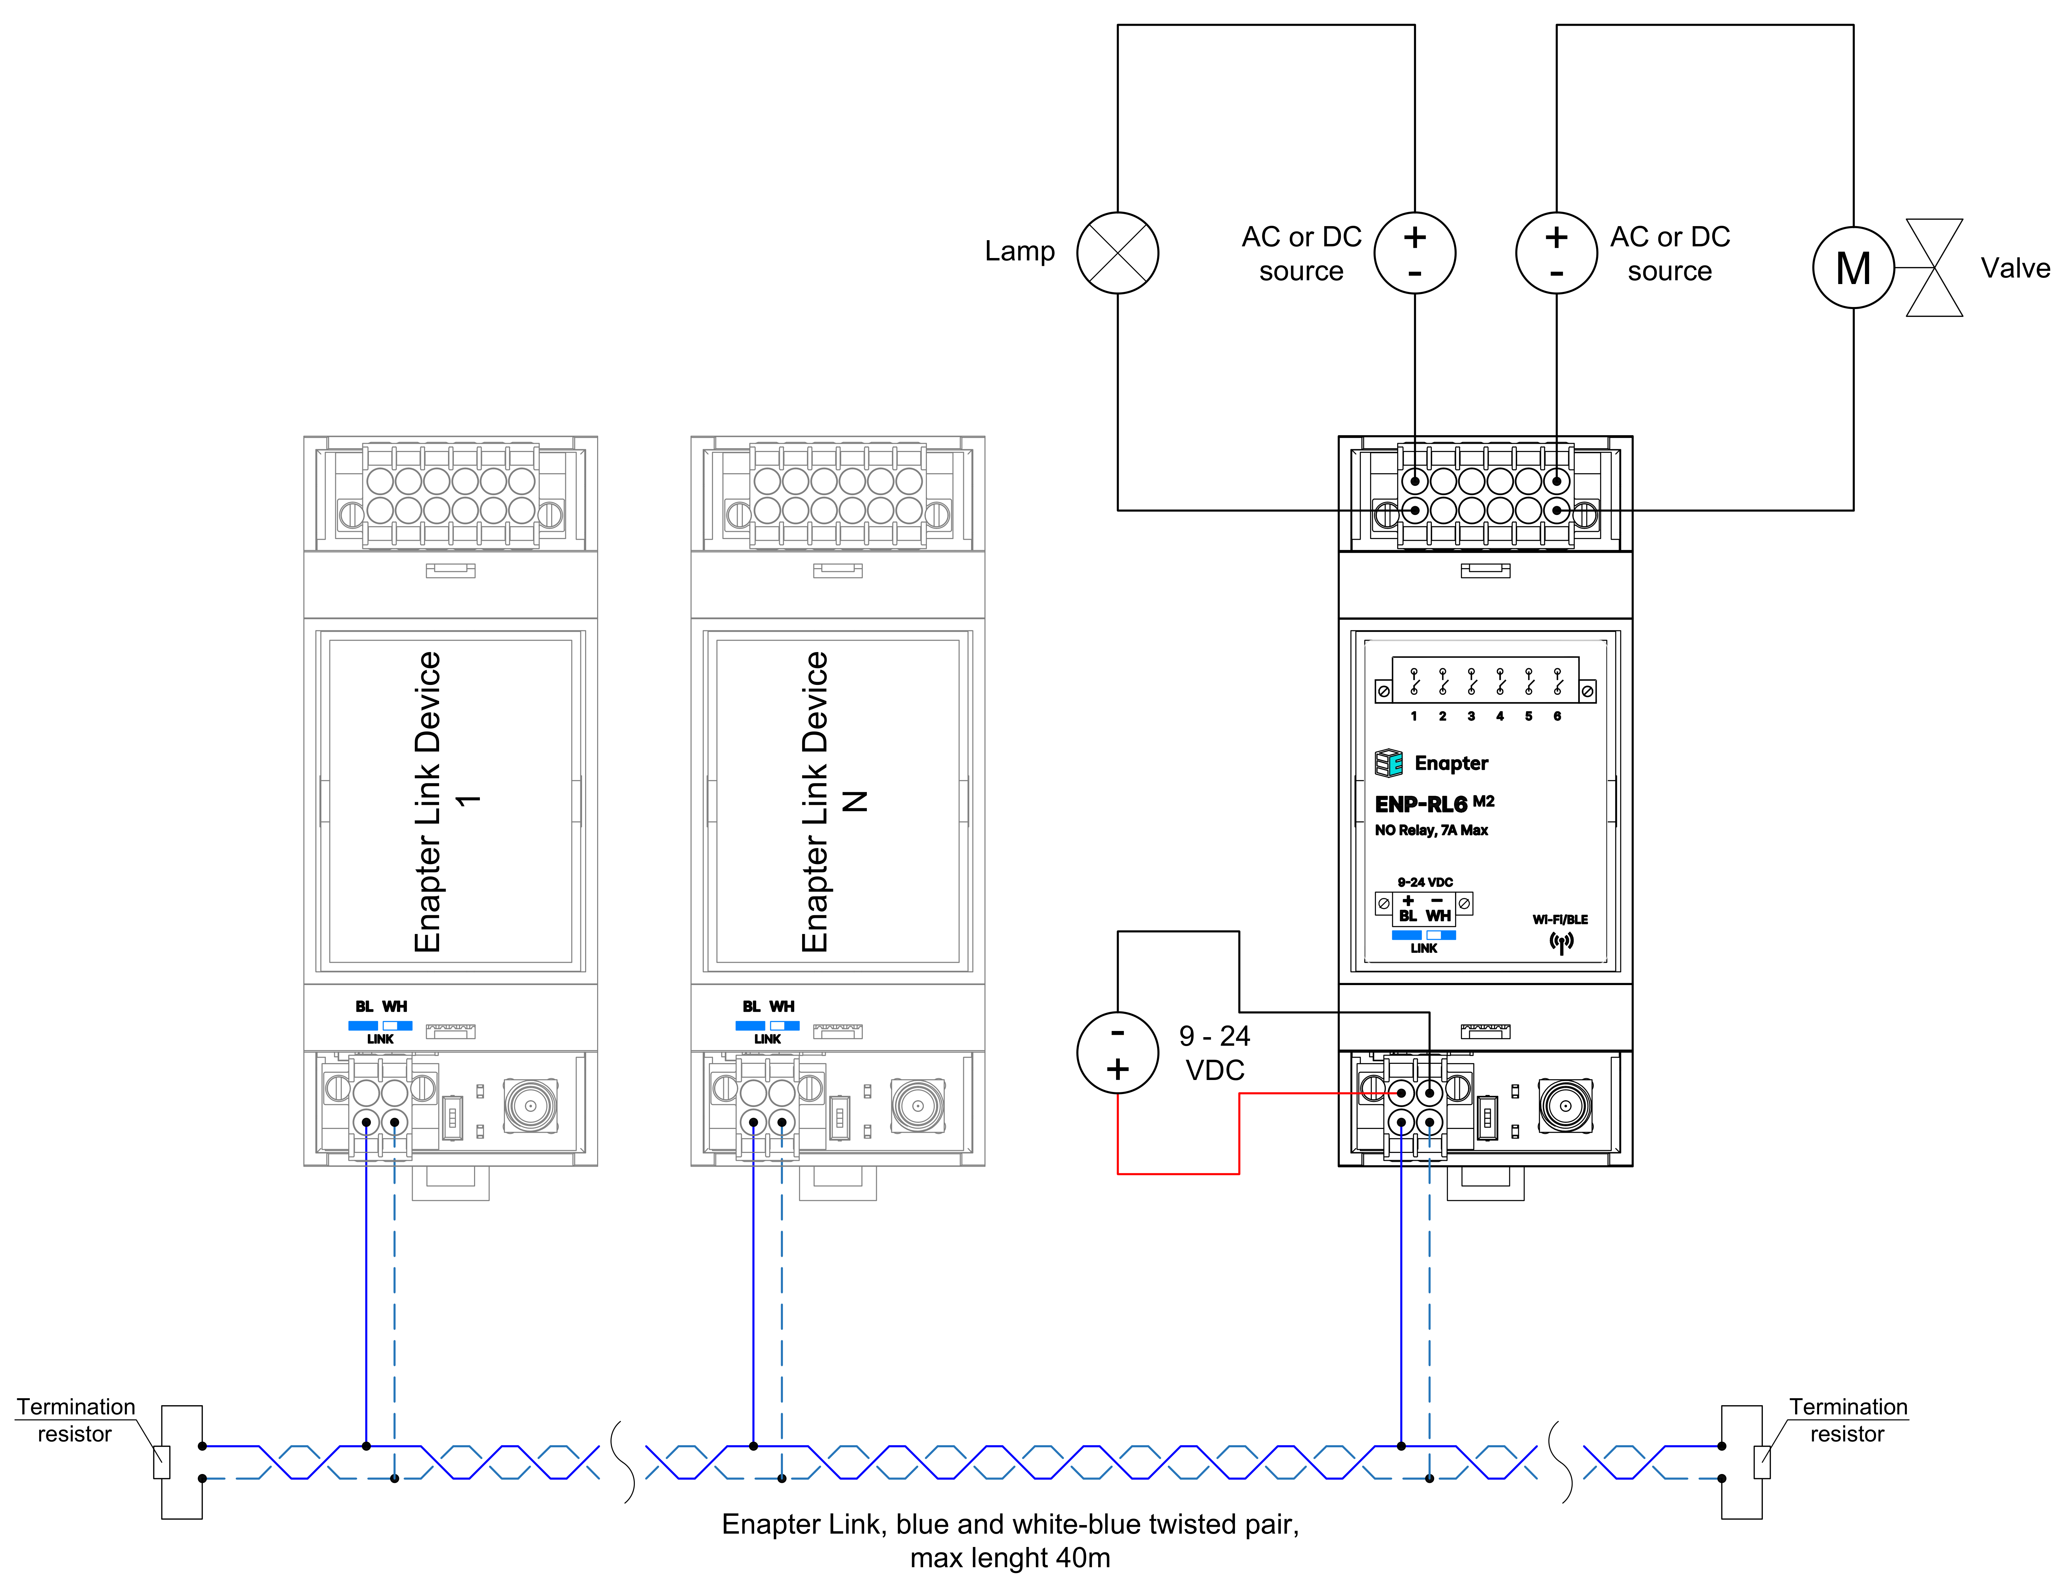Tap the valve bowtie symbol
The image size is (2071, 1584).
[1933, 268]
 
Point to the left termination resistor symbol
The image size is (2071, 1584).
[162, 1462]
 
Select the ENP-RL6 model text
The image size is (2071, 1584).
[1421, 804]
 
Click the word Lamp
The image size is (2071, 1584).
[1019, 251]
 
